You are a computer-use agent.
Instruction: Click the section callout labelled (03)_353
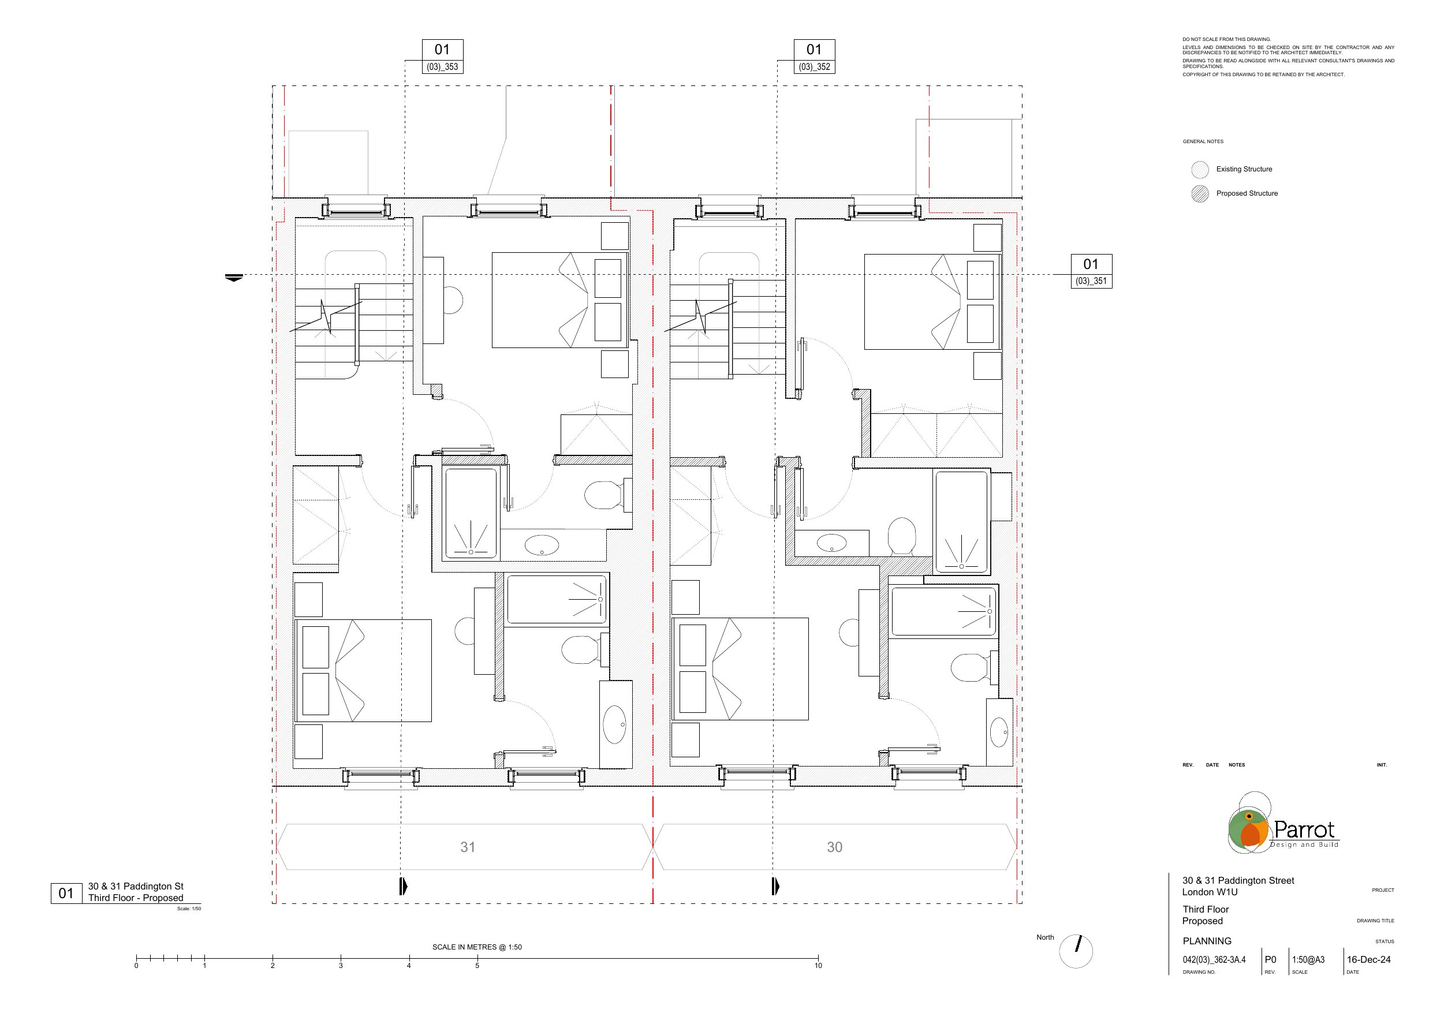[x=442, y=57]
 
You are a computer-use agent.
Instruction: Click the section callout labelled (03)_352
[x=815, y=57]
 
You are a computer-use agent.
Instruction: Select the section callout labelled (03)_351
[x=1092, y=271]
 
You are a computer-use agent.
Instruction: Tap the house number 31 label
[x=468, y=847]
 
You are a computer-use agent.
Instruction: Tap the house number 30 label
[x=834, y=847]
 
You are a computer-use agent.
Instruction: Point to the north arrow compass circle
[x=1076, y=951]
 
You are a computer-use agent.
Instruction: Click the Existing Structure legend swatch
[x=1200, y=170]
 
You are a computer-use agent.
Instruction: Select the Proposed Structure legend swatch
[x=1200, y=194]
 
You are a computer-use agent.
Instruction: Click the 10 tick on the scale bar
[x=818, y=959]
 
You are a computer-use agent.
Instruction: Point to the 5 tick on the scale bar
[x=477, y=959]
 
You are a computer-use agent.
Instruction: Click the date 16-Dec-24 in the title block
[x=1369, y=960]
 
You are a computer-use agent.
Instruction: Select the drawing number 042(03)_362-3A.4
[x=1214, y=960]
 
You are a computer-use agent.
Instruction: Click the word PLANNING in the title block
[x=1207, y=941]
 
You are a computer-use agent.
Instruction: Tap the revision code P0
[x=1270, y=960]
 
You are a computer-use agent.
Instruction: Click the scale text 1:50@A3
[x=1308, y=960]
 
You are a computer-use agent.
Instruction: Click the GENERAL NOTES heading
[x=1203, y=141]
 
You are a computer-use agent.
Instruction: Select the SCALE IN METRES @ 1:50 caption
[x=477, y=947]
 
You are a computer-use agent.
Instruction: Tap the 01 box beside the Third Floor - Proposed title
[x=66, y=893]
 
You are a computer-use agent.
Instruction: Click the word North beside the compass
[x=1045, y=937]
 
